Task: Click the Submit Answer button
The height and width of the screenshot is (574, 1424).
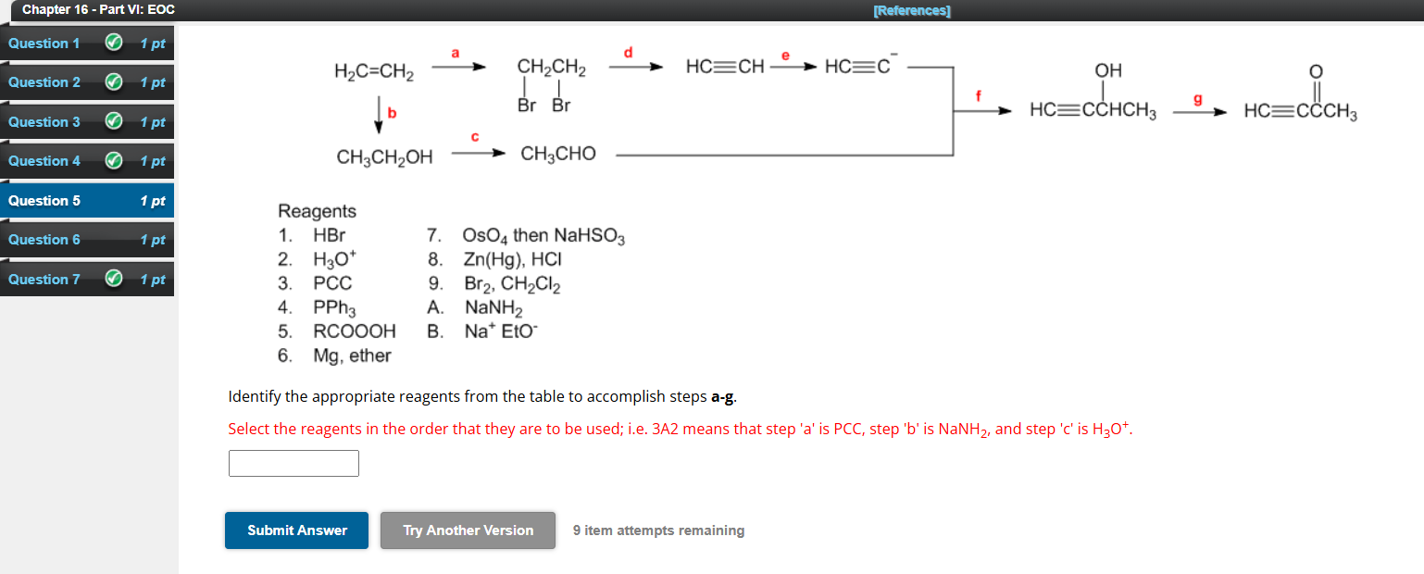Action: (x=296, y=530)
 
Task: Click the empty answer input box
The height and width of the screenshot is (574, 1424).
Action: (x=294, y=463)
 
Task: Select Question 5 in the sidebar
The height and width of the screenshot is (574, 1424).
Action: (x=44, y=201)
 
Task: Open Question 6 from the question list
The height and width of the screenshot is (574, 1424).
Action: (x=44, y=240)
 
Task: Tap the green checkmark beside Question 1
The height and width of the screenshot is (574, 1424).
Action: (x=113, y=44)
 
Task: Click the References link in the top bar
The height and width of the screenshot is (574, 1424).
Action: (x=911, y=11)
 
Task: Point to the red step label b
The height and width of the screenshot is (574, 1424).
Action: (x=392, y=112)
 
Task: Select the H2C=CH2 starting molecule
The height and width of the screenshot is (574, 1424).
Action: (x=374, y=71)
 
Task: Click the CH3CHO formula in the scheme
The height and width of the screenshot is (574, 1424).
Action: (x=558, y=154)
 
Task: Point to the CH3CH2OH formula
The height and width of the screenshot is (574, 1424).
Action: (x=384, y=157)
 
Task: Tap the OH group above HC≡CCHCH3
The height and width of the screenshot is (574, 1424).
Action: (x=1107, y=71)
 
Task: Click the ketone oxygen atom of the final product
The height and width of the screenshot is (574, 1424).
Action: (x=1316, y=72)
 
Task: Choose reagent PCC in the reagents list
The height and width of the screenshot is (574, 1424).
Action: (x=332, y=283)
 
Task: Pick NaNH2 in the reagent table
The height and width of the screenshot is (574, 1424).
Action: (x=494, y=307)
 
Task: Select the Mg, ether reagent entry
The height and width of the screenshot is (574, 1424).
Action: (x=352, y=356)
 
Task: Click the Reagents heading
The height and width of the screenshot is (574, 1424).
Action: (x=318, y=211)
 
